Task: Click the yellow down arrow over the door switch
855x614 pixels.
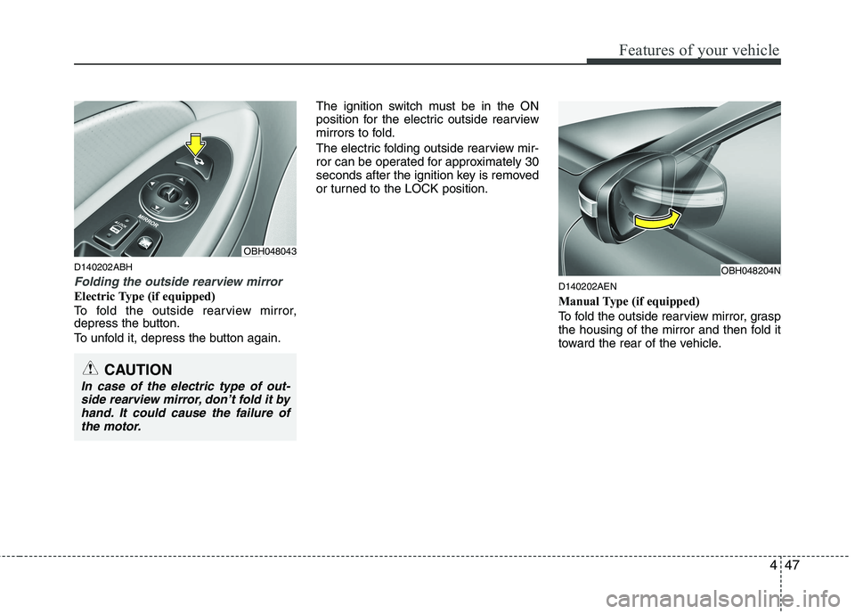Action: [x=193, y=145]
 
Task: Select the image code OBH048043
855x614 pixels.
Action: [x=270, y=251]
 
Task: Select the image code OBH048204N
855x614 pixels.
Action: [x=750, y=269]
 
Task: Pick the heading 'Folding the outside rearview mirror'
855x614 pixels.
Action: [x=178, y=282]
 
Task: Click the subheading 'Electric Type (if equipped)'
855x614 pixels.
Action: [x=144, y=296]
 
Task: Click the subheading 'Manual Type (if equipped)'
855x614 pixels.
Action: [x=628, y=301]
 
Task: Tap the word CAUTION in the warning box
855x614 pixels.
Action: [x=137, y=369]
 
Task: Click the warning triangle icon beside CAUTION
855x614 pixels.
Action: [x=91, y=368]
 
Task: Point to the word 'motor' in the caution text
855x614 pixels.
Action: [x=122, y=427]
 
